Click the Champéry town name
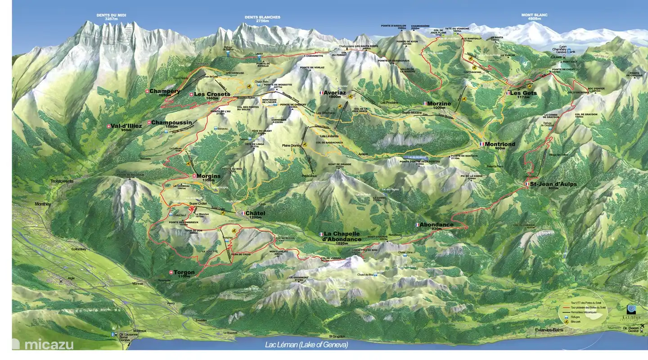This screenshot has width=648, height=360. click(165, 91)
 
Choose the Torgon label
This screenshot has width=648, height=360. click(184, 272)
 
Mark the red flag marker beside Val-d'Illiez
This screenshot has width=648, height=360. click(108, 126)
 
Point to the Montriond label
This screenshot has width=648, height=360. click(499, 144)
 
